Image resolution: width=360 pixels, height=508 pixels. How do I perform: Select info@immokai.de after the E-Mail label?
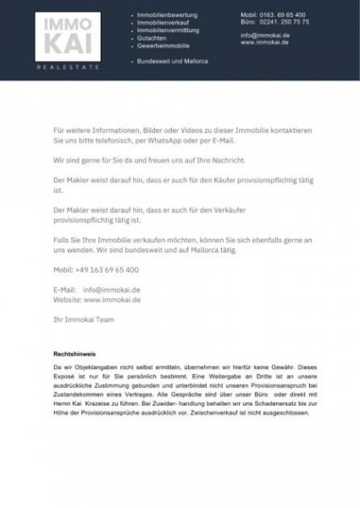(111, 290)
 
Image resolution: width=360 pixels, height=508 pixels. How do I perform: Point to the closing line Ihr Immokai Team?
(80, 320)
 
